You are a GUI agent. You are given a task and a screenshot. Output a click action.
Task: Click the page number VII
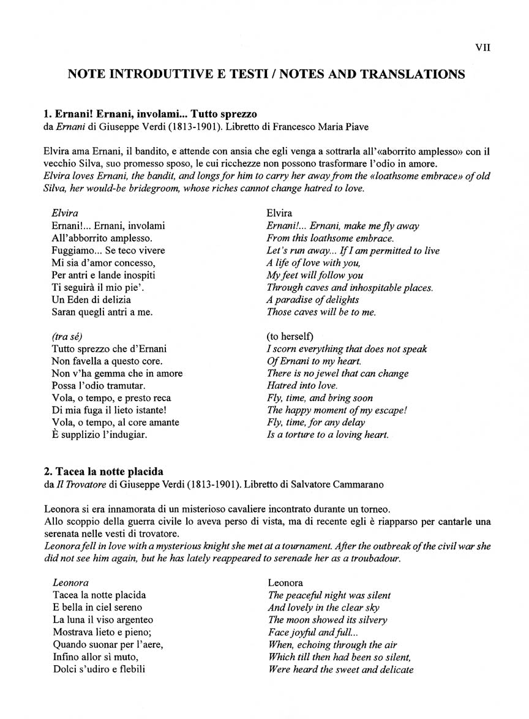(x=482, y=48)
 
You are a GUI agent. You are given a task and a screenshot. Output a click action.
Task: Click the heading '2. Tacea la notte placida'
(x=103, y=472)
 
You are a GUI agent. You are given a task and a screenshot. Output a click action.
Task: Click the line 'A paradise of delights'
(x=313, y=299)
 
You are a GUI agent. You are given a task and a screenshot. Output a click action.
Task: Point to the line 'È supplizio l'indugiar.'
(x=100, y=435)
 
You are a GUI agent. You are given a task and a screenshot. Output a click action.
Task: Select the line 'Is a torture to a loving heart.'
(x=328, y=435)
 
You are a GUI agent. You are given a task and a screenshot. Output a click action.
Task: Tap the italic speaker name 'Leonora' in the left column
(x=71, y=582)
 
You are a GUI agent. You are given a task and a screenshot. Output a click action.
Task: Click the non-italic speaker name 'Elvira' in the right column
(x=279, y=213)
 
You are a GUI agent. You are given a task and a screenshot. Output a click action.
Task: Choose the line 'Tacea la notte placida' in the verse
(x=99, y=595)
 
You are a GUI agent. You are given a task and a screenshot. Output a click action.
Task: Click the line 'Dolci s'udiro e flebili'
(x=99, y=669)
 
